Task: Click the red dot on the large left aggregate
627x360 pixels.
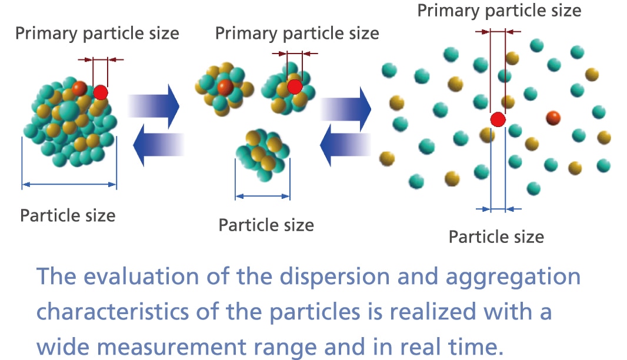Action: point(101,92)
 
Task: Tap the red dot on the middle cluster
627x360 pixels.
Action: point(295,86)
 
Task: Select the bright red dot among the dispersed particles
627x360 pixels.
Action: point(498,120)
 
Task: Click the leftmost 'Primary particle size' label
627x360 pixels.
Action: point(97,33)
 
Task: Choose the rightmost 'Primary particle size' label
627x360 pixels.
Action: point(499,10)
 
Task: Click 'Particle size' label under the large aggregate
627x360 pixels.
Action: point(68,215)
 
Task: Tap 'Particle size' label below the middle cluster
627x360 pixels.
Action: point(266,225)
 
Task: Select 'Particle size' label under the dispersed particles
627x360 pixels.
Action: point(496,236)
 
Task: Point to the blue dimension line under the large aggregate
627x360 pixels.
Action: point(69,185)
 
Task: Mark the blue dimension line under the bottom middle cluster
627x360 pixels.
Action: point(262,196)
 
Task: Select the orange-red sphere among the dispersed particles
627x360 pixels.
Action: point(553,118)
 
